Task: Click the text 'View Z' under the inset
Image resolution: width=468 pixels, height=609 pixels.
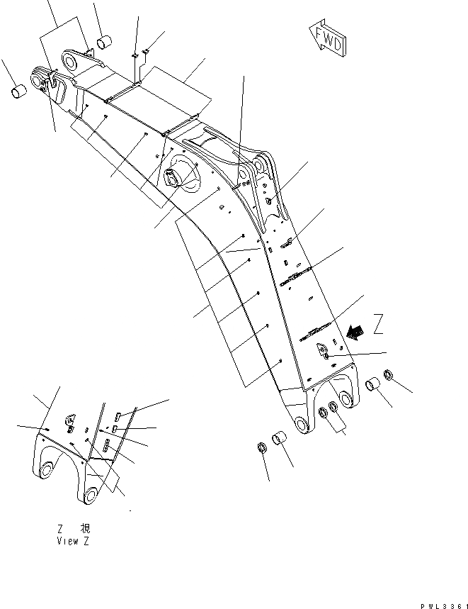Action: coord(73,541)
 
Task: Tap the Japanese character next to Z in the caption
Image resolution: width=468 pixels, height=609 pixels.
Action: coord(85,529)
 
